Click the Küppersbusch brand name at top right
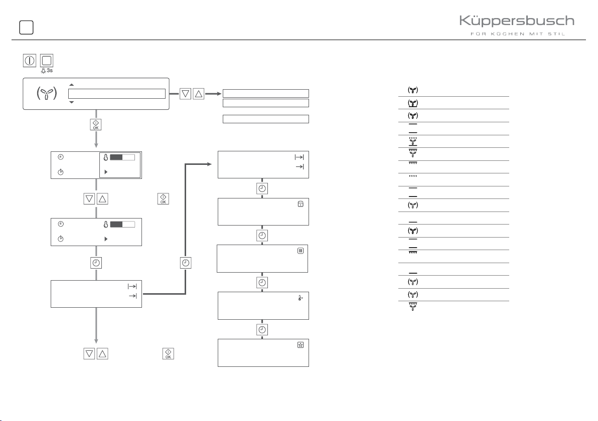click(517, 22)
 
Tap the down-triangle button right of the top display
click(186, 93)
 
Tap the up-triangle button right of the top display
click(199, 93)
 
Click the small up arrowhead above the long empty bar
click(71, 85)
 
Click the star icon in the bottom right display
click(300, 345)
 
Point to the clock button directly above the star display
click(262, 329)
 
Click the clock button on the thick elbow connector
click(186, 262)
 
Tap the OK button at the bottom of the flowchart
click(168, 354)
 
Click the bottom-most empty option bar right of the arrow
click(265, 119)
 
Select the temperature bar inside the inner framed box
click(122, 157)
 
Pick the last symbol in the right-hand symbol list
click(412, 307)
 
